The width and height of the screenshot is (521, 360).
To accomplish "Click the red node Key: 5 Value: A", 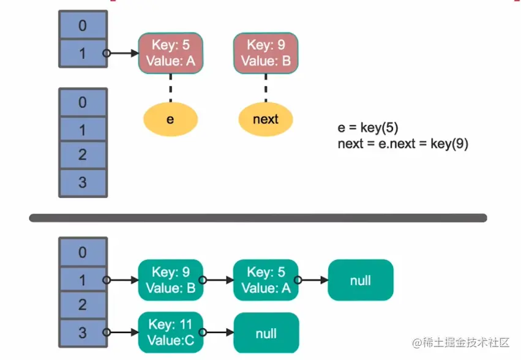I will coord(170,53).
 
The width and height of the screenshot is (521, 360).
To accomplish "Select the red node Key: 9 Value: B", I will coord(265,53).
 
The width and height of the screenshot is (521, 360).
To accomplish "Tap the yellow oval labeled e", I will coord(170,119).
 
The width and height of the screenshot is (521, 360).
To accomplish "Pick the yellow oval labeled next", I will coord(265,119).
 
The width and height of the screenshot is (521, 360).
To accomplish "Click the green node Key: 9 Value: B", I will coord(170,280).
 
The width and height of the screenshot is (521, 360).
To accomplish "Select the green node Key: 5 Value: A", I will coord(265,280).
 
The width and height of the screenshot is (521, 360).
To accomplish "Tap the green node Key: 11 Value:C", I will coord(170,332).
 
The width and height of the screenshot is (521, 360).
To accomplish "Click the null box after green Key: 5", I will coord(360,280).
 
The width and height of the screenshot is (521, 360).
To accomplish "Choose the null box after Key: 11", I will coord(266,333).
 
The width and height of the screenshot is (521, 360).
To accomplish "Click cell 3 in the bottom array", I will coord(83,332).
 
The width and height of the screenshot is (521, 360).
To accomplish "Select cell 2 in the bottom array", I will coord(83,305).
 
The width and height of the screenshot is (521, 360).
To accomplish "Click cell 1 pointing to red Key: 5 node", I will coord(83,54).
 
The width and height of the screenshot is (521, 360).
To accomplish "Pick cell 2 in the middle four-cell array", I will coord(83,156).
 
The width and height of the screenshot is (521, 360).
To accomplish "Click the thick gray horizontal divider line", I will coord(258,218).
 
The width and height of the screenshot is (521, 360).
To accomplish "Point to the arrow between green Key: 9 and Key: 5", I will coord(218,280).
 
